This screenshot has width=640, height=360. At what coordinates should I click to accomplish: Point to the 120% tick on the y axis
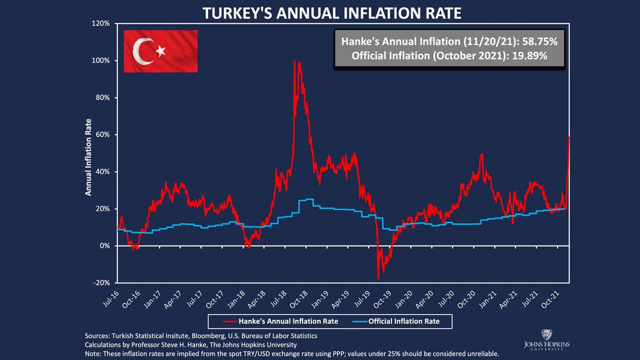tap(101, 24)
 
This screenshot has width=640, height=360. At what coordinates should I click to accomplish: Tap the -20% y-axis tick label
tap(101, 283)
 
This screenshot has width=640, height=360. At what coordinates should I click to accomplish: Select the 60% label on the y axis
tap(102, 135)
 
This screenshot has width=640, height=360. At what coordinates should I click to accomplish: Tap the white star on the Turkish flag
tap(160, 51)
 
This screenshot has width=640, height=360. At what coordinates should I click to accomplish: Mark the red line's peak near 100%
tap(294, 61)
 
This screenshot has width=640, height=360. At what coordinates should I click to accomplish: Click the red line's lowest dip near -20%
tap(378, 278)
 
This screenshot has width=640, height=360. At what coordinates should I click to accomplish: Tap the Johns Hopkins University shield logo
tap(546, 335)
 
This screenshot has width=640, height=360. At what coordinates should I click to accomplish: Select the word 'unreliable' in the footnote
tap(481, 354)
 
